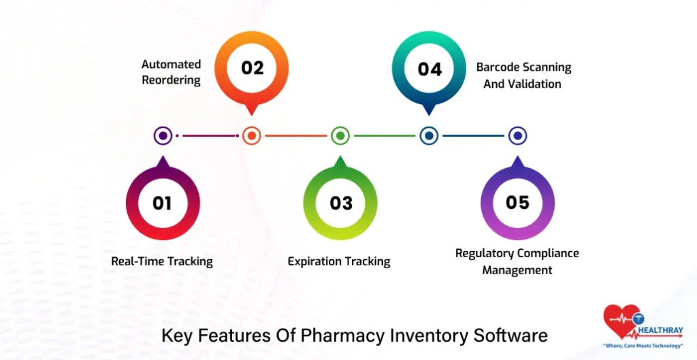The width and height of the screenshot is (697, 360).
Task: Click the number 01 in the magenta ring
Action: tap(162, 203)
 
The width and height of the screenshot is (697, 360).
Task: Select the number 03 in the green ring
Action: tap(340, 203)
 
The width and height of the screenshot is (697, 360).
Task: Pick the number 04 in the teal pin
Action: tap(429, 69)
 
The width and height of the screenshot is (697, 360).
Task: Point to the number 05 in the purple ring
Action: tap(517, 203)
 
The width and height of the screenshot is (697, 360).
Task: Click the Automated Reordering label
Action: tap(171, 72)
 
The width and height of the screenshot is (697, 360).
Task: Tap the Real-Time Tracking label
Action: tap(162, 261)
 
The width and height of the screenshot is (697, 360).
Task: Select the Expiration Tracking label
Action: tap(339, 261)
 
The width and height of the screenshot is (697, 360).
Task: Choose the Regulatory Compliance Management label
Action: tap(517, 261)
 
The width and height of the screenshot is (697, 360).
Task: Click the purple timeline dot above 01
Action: tap(163, 136)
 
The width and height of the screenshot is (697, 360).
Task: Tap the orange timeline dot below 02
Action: tap(252, 136)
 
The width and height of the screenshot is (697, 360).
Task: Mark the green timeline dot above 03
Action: tap(340, 136)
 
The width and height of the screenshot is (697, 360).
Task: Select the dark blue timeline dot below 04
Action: tap(429, 136)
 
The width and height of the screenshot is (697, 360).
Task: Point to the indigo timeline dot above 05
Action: tap(517, 136)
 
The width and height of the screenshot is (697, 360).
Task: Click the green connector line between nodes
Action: tap(385, 136)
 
